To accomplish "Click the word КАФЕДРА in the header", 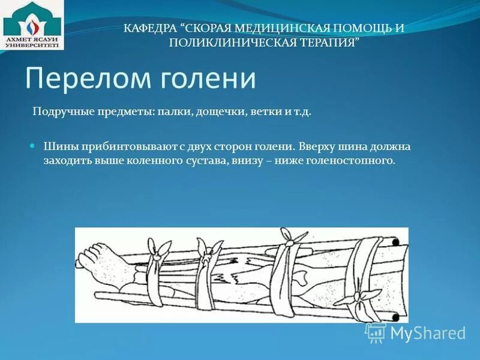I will (149, 28).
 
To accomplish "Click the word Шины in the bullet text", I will (59, 146).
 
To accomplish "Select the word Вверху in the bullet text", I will (316, 146).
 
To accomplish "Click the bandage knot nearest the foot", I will (158, 250).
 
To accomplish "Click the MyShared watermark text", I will (427, 333).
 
